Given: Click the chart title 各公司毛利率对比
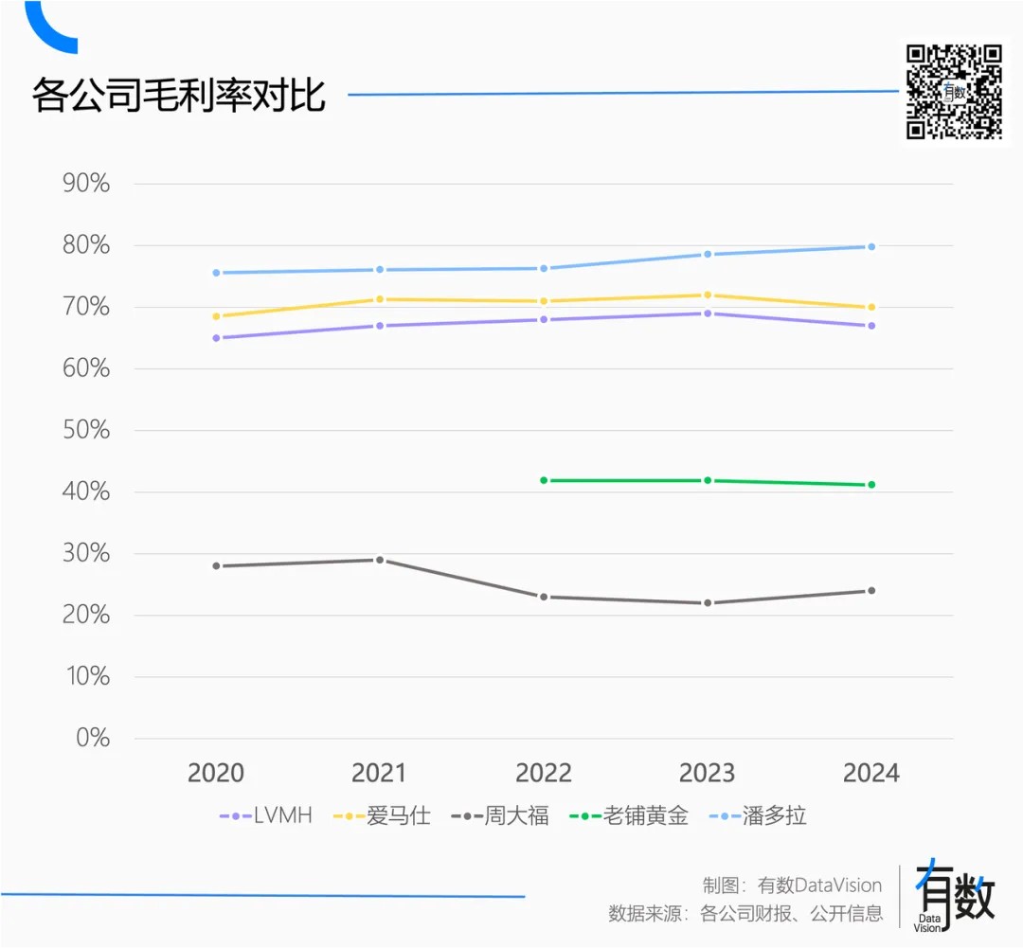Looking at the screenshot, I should point(179,96).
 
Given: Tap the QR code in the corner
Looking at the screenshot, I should point(954,92).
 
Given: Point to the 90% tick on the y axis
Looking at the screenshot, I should point(86,184).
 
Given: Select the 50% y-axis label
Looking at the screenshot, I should point(86,431).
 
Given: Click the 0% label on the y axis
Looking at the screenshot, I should point(92,739).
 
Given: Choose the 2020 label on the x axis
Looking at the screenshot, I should point(216,773).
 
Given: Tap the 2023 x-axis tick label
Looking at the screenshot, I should point(708,773).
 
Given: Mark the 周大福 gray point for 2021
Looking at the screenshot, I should point(380,560).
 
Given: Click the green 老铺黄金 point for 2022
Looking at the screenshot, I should point(544,480).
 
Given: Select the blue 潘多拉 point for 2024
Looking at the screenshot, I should point(871,246).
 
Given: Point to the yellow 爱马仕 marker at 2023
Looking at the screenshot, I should point(708,295).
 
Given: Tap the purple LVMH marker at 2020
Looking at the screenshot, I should point(216,338).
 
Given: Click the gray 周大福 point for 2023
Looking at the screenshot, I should point(708,603).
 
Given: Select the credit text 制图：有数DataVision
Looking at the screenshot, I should point(792,885).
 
